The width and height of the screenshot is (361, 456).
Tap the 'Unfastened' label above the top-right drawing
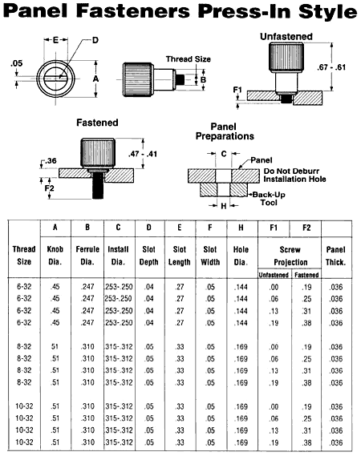click(286, 37)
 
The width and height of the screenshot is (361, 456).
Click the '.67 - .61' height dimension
click(331, 67)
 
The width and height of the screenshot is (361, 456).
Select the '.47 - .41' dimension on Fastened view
click(142, 154)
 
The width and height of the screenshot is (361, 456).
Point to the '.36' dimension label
click(51, 161)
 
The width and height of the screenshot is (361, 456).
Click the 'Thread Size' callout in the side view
click(188, 59)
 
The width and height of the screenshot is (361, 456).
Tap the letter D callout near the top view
click(95, 40)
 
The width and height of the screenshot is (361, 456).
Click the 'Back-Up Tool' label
click(269, 199)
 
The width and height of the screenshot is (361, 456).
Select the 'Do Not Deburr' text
click(291, 171)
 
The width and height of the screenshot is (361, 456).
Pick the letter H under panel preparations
click(224, 206)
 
